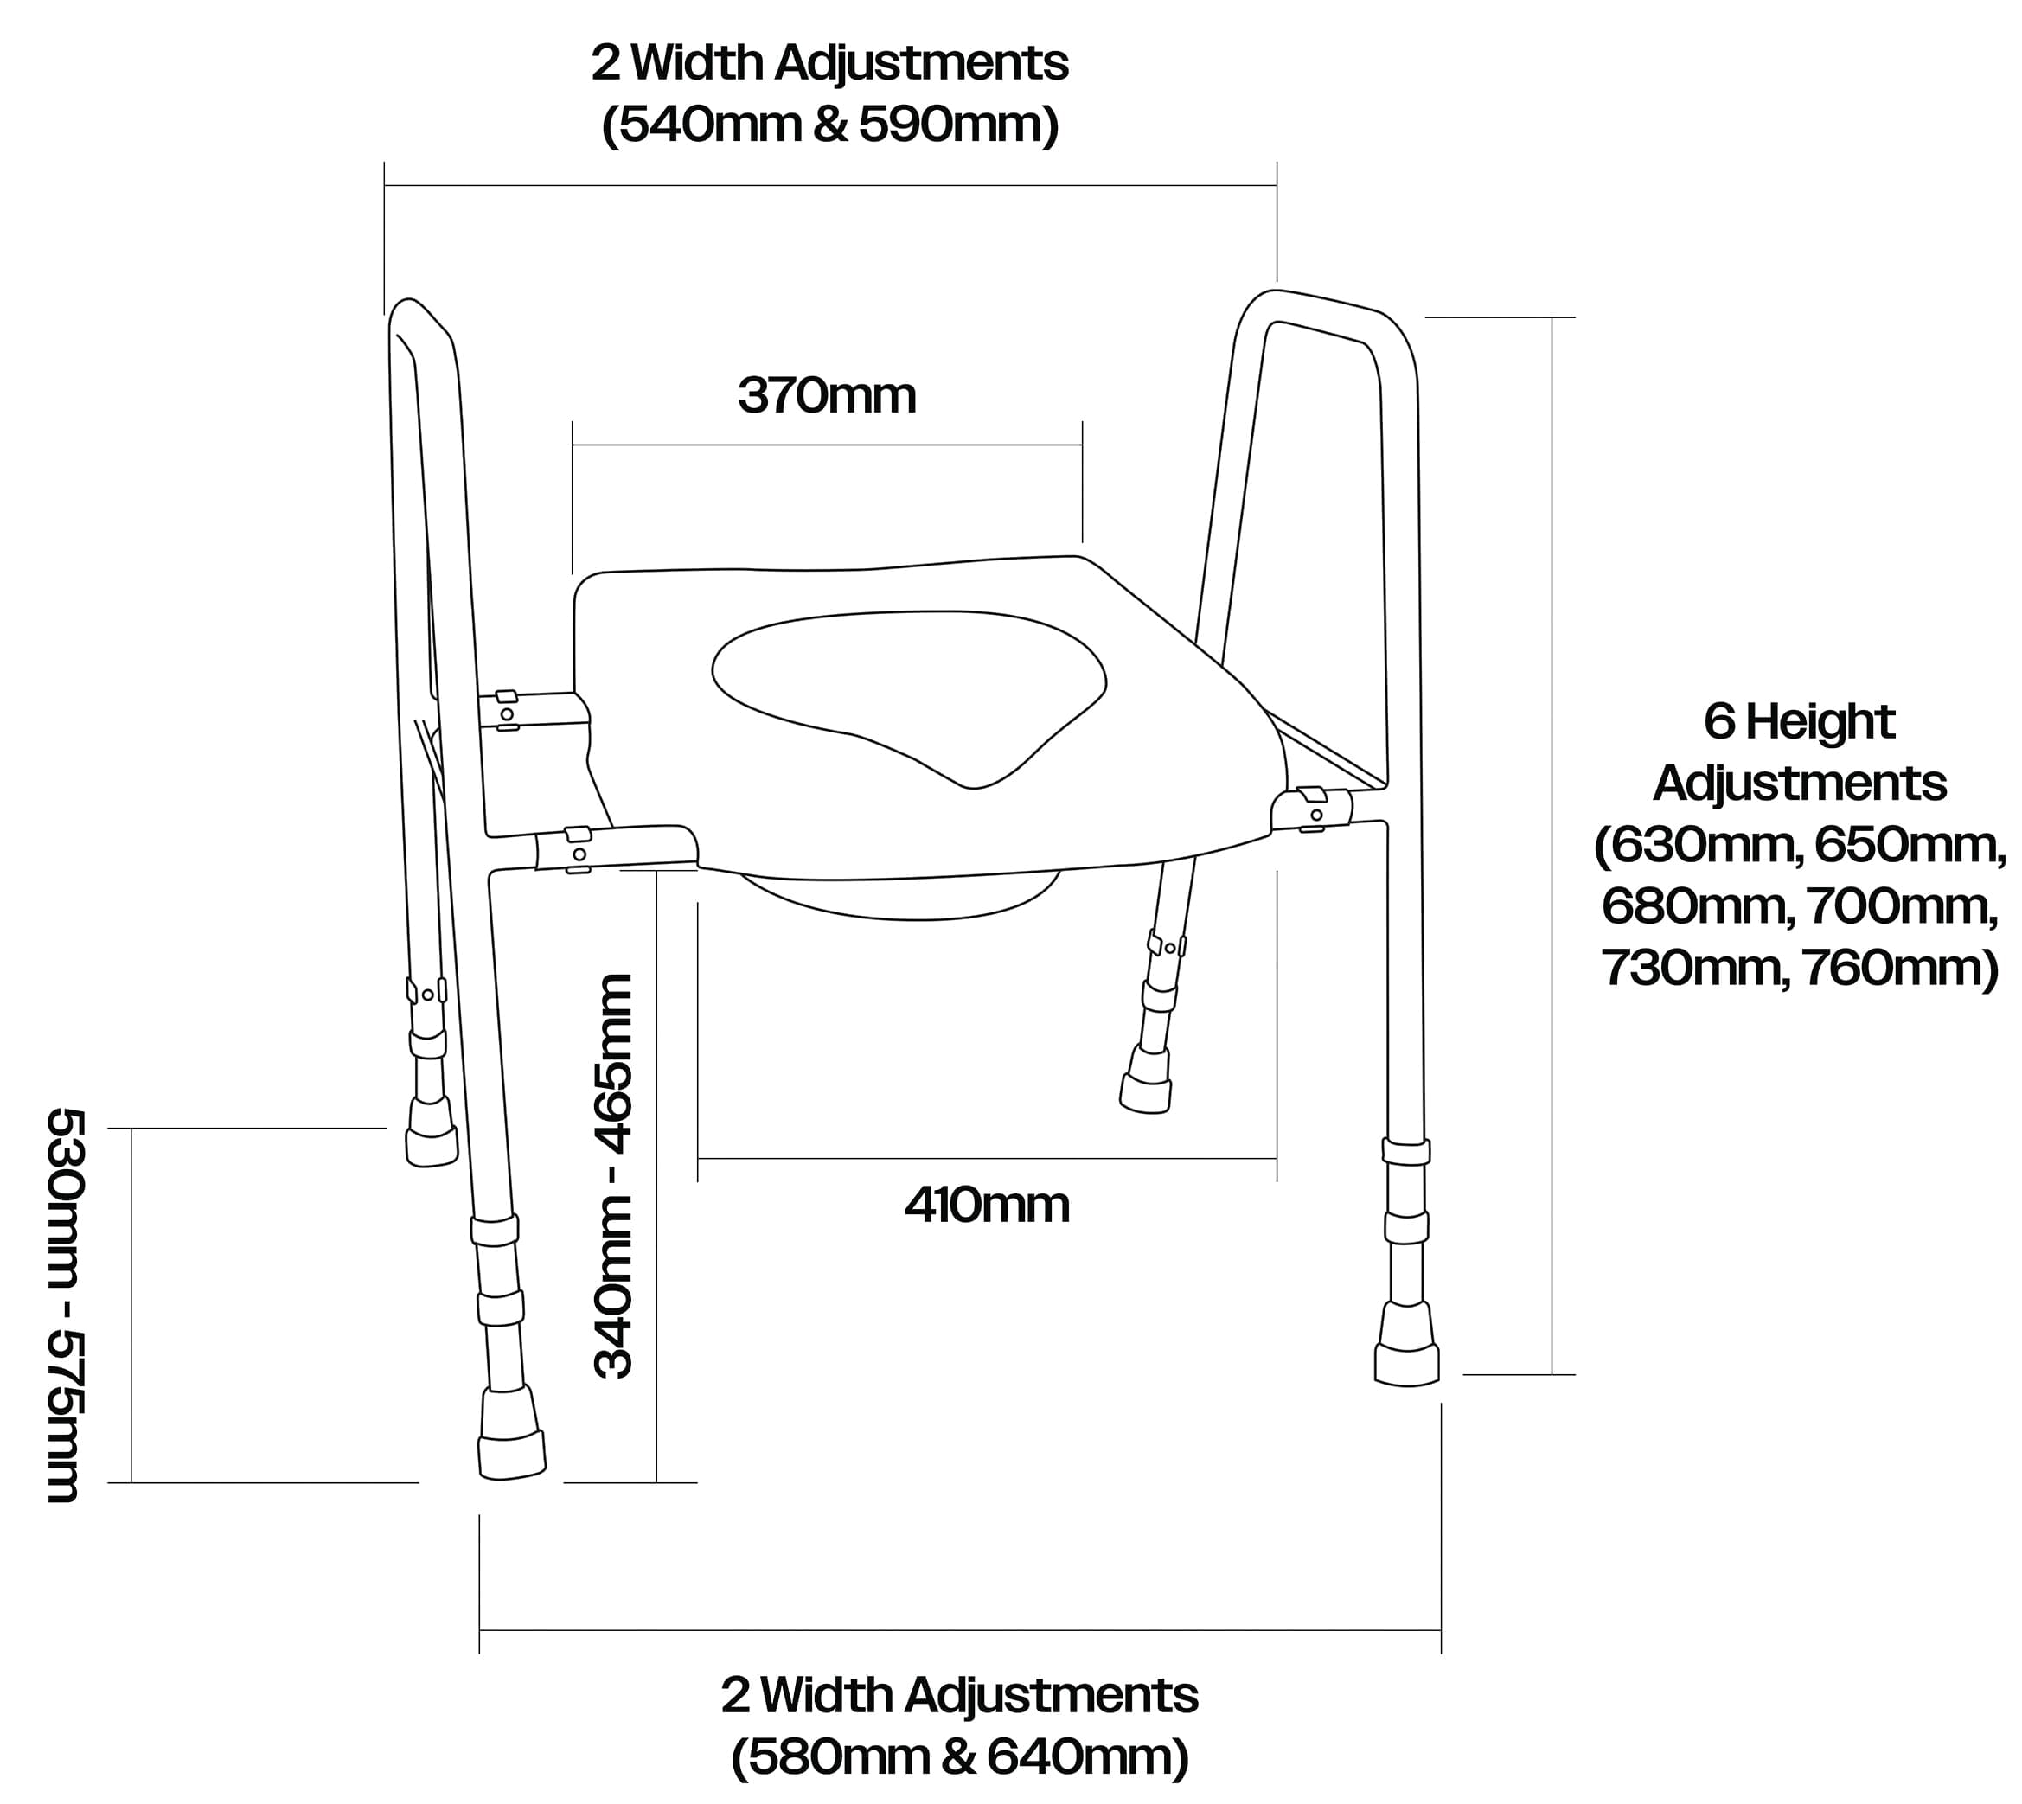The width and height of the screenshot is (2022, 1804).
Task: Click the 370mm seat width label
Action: [x=827, y=396]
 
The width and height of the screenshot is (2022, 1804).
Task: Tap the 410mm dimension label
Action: [x=987, y=1206]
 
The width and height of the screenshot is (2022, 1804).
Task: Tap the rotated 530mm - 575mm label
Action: [x=64, y=1304]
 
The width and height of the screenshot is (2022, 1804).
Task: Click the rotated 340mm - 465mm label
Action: [x=612, y=1176]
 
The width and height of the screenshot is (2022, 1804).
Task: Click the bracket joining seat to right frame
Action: [x=1311, y=809]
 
